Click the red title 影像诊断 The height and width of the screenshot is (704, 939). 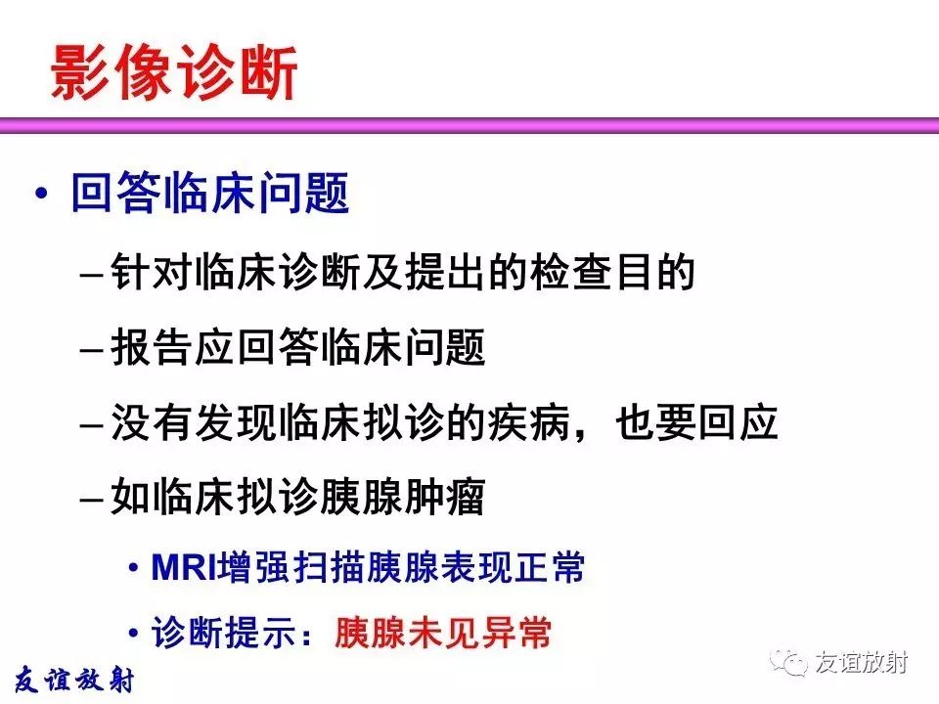click(174, 72)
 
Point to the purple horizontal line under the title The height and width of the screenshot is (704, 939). click(469, 125)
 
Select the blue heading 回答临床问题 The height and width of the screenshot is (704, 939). click(210, 193)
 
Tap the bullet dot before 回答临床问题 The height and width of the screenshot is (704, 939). click(41, 194)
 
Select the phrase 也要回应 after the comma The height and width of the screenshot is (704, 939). click(696, 422)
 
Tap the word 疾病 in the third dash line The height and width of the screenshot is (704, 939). click(529, 422)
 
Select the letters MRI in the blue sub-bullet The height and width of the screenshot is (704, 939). click(184, 567)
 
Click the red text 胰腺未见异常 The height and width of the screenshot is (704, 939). click(443, 633)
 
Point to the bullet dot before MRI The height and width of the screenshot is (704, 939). click(134, 567)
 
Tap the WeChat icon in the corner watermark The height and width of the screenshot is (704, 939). click(789, 663)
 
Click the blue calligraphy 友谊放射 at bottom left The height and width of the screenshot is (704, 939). click(74, 681)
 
